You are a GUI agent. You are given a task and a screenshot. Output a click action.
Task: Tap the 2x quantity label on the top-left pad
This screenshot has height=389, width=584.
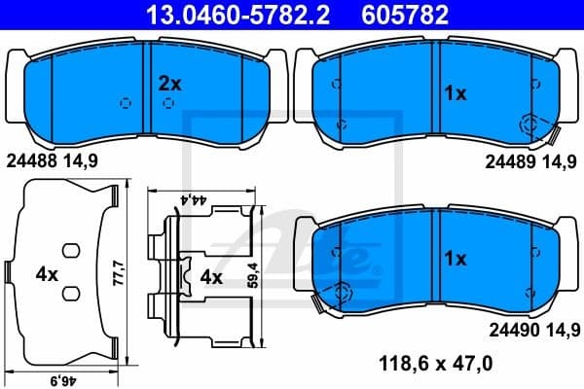tap(170, 84)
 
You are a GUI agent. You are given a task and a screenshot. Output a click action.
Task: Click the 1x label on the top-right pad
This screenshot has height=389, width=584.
tap(456, 94)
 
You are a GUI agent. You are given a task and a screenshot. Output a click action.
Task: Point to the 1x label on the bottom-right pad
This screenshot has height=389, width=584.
tap(456, 260)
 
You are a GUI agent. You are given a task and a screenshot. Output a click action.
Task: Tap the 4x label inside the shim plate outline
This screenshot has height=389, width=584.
tap(46, 275)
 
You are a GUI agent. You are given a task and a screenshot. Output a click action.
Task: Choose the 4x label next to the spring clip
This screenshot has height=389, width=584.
tap(211, 276)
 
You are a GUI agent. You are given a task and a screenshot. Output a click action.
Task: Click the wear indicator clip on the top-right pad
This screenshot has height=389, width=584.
tap(533, 124)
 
